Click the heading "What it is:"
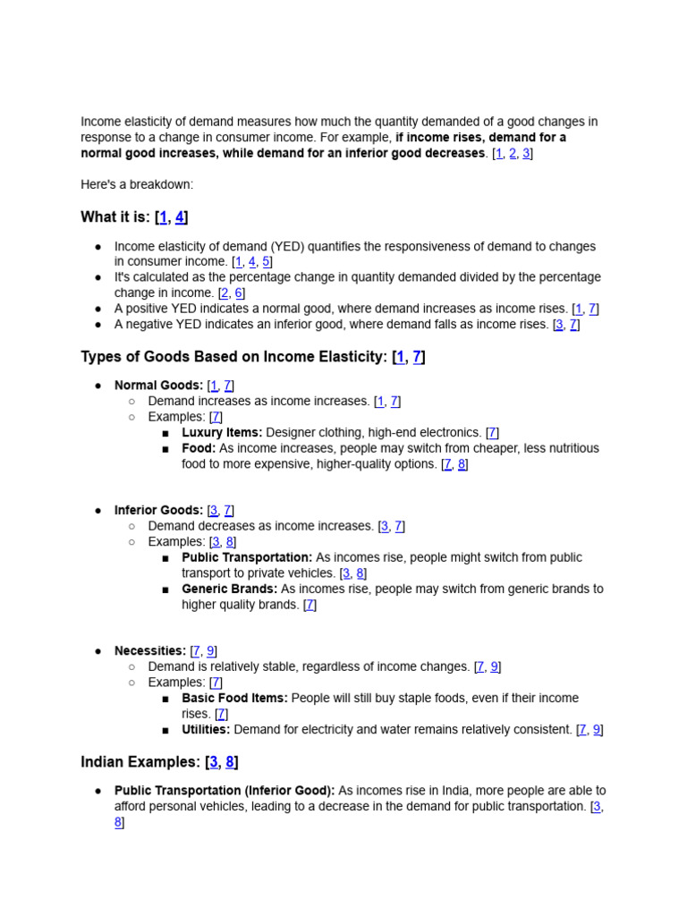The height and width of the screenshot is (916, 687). point(115,216)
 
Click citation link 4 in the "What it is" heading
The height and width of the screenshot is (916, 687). point(179,216)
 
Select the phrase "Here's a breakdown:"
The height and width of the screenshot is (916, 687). point(137,184)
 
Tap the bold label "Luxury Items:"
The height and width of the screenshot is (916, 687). point(222,432)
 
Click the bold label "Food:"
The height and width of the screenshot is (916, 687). point(199,448)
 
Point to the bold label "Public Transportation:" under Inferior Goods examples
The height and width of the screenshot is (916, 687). point(247,557)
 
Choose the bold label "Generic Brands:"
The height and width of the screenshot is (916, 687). point(229,589)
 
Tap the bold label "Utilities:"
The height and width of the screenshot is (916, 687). point(206,729)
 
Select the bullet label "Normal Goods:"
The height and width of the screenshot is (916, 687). point(158,386)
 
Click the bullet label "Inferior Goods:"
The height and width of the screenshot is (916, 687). point(158,510)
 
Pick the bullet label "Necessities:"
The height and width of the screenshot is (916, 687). point(150,650)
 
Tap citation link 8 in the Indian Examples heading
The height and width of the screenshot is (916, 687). point(230,762)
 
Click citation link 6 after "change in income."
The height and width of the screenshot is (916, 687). point(239,293)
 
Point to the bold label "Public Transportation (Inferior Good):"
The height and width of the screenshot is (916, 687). point(225,791)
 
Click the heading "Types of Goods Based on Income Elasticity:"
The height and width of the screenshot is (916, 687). point(234,357)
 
